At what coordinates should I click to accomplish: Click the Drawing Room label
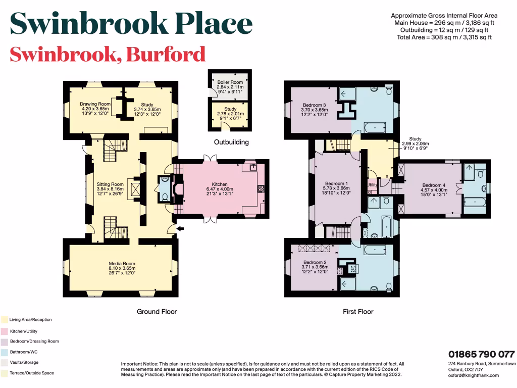[95, 104]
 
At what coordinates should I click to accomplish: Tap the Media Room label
[122, 264]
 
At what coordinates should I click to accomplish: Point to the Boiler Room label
[230, 81]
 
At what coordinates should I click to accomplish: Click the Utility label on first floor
[372, 185]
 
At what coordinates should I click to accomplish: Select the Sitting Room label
[110, 184]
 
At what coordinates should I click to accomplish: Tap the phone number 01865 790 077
[482, 354]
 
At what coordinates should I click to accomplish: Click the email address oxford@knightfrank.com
[474, 375]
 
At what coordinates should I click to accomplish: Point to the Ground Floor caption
[157, 312]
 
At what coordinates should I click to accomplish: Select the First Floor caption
[358, 312]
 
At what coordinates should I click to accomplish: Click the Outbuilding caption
[231, 142]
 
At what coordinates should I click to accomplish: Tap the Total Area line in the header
[445, 37]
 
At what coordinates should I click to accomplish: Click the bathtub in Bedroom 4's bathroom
[475, 203]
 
